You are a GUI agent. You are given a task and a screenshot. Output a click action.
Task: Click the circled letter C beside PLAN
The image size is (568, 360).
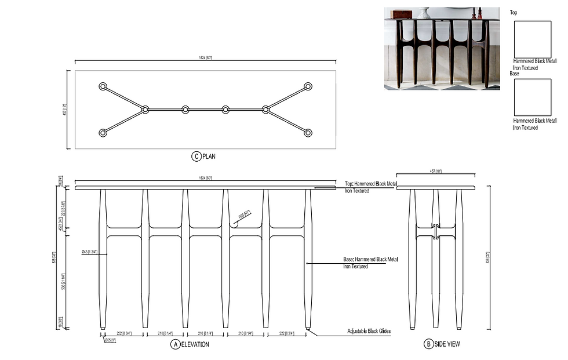[x=196, y=156]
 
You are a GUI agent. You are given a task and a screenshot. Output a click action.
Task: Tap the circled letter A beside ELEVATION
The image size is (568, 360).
[x=174, y=344]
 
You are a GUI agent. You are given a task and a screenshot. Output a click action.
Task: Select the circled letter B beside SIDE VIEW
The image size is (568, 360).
[x=429, y=344]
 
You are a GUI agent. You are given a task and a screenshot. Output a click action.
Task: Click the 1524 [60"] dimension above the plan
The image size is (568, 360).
[x=206, y=58]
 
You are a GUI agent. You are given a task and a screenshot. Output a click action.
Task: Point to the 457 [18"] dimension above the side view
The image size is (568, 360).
[x=435, y=171]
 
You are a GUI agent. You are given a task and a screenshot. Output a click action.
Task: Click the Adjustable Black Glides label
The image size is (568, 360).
[x=369, y=332]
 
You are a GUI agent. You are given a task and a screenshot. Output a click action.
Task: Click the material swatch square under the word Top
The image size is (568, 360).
[x=533, y=39]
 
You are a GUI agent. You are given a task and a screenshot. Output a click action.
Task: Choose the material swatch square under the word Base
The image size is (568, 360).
[x=533, y=97]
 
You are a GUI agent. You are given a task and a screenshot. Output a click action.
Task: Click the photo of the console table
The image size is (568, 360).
[x=442, y=48]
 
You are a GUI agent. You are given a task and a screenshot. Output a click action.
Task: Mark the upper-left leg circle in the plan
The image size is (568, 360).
[x=103, y=86]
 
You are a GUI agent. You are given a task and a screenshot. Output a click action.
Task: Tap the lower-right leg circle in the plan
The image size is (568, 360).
[x=308, y=133]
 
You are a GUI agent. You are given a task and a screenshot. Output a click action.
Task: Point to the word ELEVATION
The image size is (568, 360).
[x=195, y=344]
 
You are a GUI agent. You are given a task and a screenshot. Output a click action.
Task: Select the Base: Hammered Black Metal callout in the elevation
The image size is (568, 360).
[x=371, y=263]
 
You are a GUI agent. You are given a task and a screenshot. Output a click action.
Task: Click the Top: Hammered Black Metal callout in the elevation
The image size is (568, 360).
[x=371, y=187]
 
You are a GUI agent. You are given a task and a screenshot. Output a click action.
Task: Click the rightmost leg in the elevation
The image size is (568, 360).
[x=308, y=258]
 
